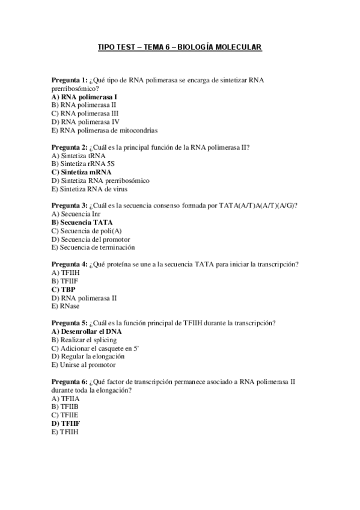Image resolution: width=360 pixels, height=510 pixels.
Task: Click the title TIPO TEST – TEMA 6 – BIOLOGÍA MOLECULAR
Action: [180, 47]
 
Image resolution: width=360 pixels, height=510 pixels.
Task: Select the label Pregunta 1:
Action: [70, 80]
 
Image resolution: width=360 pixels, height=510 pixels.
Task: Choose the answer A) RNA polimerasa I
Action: [84, 96]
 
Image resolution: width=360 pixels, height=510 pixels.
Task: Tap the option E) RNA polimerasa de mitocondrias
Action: [105, 130]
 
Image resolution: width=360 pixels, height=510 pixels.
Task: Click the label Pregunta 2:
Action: [70, 147]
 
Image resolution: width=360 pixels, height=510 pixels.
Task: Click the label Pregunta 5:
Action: [70, 323]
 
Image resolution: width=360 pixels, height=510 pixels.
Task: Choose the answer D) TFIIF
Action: [66, 423]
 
